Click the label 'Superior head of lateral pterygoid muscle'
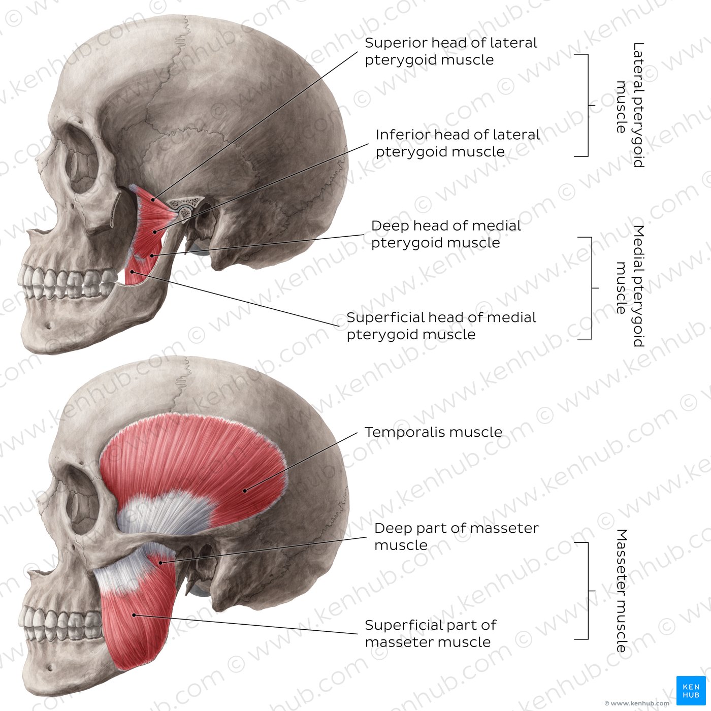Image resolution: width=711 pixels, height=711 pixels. coord(451,51)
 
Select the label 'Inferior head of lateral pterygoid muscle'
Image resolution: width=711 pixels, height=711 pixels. coord(458,143)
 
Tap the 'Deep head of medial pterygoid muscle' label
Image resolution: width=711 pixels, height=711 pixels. coord(446,234)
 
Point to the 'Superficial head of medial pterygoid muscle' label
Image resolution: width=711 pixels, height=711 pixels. coord(441,326)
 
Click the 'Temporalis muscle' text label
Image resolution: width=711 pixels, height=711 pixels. coord(434,432)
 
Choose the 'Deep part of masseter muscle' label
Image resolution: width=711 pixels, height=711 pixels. coord(457,536)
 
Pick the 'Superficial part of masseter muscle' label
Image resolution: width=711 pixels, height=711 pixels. coord(431,633)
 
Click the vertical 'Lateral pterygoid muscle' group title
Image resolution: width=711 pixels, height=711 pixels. coord(630,105)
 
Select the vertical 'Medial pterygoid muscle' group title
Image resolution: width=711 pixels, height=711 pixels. coord(630,286)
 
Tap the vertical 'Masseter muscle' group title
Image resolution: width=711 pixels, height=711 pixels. coord(622,591)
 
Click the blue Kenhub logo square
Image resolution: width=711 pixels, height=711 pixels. coord(691,691)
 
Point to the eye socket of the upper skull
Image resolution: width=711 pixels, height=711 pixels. coord(82,163)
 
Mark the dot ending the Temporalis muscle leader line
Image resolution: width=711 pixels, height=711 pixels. coord(245,491)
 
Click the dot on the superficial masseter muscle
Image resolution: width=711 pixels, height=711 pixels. coord(134,615)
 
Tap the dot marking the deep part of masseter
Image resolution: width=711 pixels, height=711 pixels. coord(160,563)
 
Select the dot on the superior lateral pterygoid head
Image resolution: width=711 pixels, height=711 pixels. coord(153,200)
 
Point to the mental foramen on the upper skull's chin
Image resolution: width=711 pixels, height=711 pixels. coord(48,326)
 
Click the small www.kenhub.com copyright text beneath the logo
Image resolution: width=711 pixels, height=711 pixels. coord(637,703)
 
